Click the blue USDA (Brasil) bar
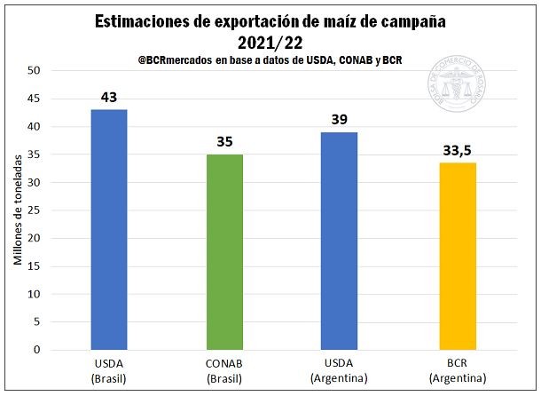click(109, 229)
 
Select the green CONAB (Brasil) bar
click(224, 251)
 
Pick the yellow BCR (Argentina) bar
click(457, 256)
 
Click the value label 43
click(108, 96)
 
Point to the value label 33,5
click(457, 149)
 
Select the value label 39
click(340, 118)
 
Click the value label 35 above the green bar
click(224, 141)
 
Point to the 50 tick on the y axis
click(35, 70)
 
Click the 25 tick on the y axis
click(35, 210)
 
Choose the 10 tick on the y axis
click(35, 294)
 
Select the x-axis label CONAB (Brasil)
click(224, 372)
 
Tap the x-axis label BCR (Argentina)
click(457, 372)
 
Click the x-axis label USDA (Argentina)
click(341, 372)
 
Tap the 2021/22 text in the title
click(270, 41)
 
